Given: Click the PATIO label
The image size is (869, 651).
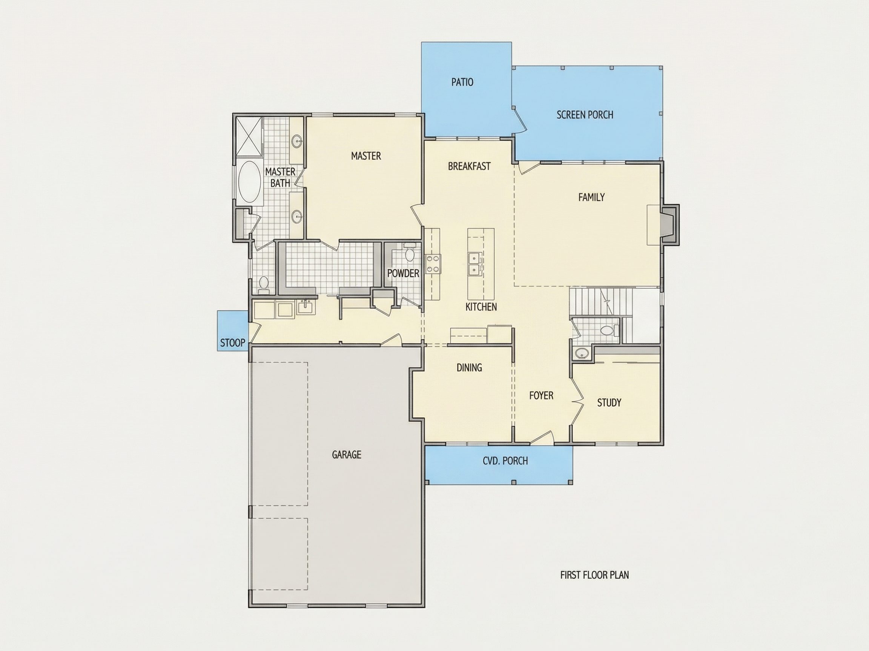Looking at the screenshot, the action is coord(462,82).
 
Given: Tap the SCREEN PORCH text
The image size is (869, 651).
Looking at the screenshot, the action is coord(585,115).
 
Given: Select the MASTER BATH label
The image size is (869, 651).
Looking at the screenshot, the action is coord(280,177).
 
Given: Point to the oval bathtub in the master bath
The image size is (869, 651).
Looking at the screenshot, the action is coord(250,182).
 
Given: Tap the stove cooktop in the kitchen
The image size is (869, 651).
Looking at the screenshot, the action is coord(433,263).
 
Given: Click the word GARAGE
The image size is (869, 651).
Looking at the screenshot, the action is coord(346,454).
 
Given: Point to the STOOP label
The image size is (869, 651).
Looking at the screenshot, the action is coord(233,343).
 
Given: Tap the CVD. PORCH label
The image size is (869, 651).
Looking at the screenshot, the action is coord(505,461).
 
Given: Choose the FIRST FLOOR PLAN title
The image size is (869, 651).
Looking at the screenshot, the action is coord(594,575).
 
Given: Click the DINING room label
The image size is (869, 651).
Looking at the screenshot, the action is coord(469,367).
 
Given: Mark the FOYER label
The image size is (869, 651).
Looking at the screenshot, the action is coord(541,396).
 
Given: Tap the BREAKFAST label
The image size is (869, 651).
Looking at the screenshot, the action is coord(469,167).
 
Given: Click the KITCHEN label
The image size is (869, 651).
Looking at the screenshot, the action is coord(481,306).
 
